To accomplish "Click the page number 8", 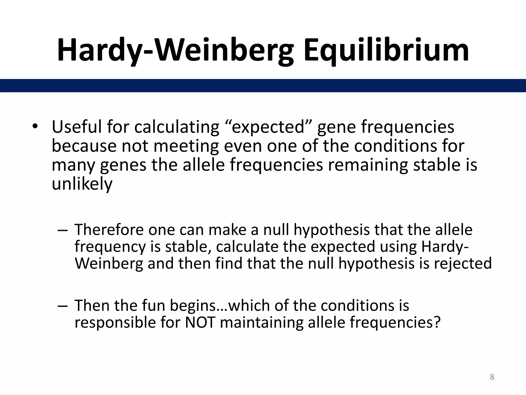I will [492, 377].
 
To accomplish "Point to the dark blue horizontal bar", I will [263, 85].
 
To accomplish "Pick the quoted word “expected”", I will [268, 127].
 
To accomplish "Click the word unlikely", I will [82, 184].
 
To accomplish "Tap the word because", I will [84, 146].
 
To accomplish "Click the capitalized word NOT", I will [200, 322].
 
